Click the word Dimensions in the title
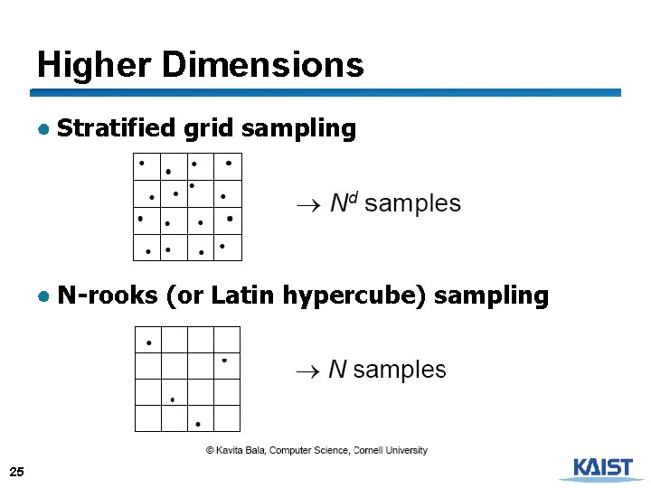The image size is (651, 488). coord(262,65)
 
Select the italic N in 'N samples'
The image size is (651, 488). coord(337,370)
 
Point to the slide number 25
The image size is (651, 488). coord(16,472)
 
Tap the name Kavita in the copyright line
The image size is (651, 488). coord(231,450)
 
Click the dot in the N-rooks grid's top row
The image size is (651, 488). coord(149,343)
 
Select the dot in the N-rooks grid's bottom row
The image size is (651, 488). coord(198,422)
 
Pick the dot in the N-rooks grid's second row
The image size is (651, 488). coord(224,361)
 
